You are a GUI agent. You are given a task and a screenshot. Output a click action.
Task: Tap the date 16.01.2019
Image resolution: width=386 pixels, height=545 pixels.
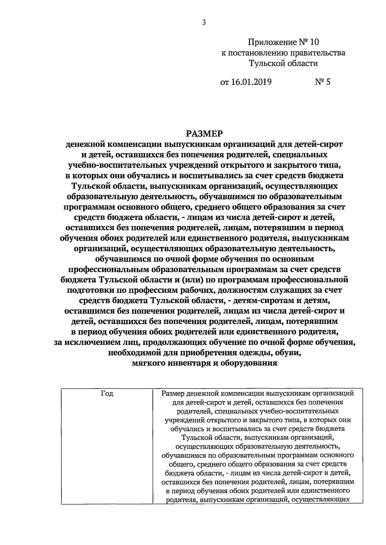251,82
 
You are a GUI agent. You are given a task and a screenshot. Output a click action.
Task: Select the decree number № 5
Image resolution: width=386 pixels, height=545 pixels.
322,82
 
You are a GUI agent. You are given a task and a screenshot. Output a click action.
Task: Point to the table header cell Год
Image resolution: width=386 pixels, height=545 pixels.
107,393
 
